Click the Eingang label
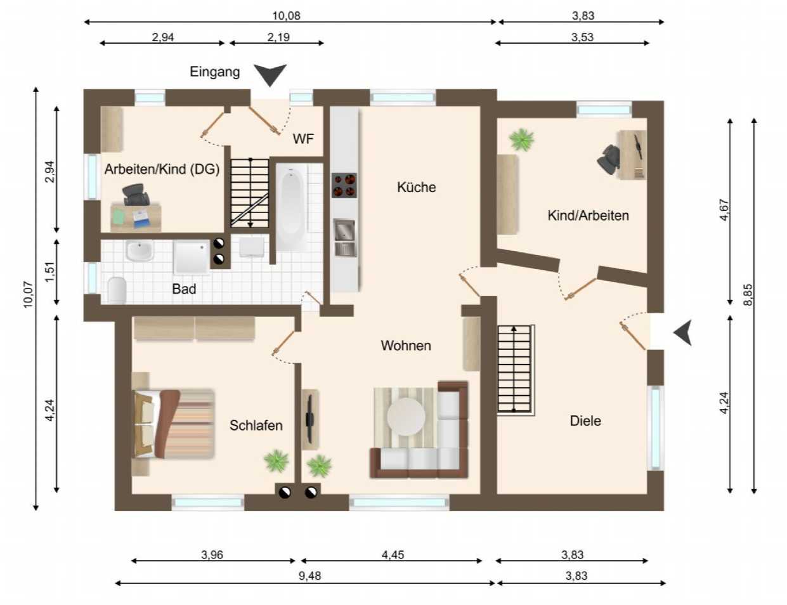tap(214, 72)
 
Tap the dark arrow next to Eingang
tap(270, 75)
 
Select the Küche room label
tap(416, 187)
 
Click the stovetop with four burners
tap(344, 185)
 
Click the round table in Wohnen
tap(406, 417)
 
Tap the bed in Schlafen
tap(173, 424)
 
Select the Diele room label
tap(585, 420)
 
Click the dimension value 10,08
tap(286, 16)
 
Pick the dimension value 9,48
tap(309, 576)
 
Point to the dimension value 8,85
tap(748, 295)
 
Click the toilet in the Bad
tap(117, 290)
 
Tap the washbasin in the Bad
tap(140, 251)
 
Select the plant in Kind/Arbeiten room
tap(521, 140)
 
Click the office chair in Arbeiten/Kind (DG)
tap(136, 195)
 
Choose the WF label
tap(303, 139)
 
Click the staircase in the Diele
tap(514, 369)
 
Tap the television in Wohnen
tap(309, 419)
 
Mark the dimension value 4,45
tap(393, 554)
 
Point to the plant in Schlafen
tap(276, 461)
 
